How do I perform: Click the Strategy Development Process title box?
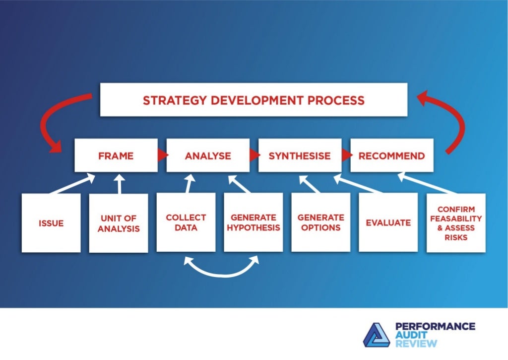(254, 100)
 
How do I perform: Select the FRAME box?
(116, 156)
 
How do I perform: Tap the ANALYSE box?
(208, 156)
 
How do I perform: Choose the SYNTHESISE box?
(299, 156)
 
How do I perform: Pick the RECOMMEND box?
(391, 156)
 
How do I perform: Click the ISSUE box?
(51, 223)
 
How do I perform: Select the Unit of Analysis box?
(119, 223)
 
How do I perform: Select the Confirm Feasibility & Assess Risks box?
(456, 223)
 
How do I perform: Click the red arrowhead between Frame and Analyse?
(162, 155)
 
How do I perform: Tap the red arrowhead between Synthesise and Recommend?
(346, 155)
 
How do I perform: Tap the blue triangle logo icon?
(377, 335)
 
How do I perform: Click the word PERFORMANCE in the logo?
(435, 326)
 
